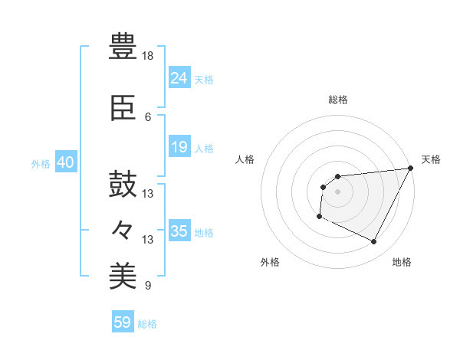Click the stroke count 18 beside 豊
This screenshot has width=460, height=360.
tap(148, 57)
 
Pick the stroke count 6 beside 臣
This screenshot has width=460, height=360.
tap(148, 117)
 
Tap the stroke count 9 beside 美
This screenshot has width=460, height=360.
tap(148, 286)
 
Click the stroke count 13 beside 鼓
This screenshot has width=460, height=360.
tap(148, 194)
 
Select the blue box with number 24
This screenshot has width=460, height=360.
tap(179, 77)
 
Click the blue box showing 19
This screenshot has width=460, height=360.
tap(179, 147)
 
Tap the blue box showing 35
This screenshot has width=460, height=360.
tap(179, 231)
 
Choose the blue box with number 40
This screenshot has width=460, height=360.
tap(65, 162)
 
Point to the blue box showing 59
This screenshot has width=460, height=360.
tap(123, 322)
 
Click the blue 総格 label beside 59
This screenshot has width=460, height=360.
tap(147, 324)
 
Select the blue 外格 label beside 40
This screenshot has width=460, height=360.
tap(40, 164)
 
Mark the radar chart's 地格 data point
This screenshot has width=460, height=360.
tap(374, 242)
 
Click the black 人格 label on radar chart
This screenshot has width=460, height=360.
tap(245, 159)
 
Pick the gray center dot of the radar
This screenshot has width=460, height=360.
tap(337, 191)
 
